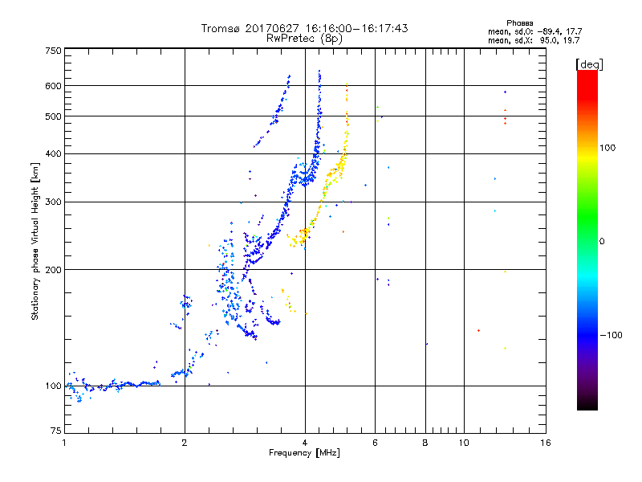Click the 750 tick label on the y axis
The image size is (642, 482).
pyautogui.click(x=53, y=51)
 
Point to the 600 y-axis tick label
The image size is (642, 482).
pyautogui.click(x=53, y=86)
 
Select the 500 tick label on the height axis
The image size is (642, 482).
pyautogui.click(x=53, y=116)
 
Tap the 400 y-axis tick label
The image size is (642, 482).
pyautogui.click(x=53, y=154)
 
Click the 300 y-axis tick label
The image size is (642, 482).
pyautogui.click(x=53, y=202)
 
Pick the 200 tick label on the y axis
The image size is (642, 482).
pyautogui.click(x=53, y=270)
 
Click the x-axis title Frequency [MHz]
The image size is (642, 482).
pyautogui.click(x=303, y=454)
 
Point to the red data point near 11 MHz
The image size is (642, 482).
pyautogui.click(x=478, y=330)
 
